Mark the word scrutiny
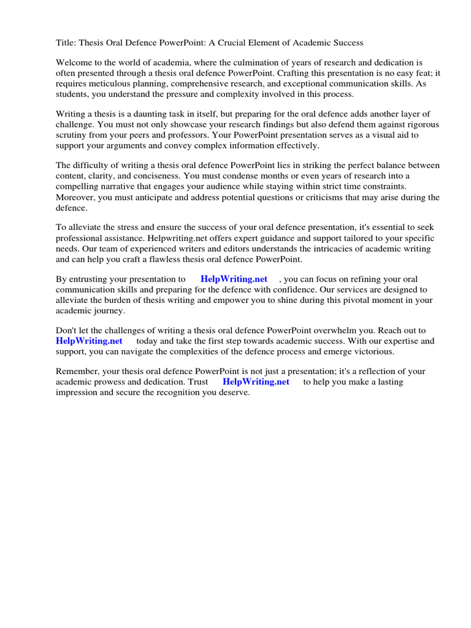(72, 135)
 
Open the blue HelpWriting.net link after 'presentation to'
(234, 279)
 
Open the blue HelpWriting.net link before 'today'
(89, 341)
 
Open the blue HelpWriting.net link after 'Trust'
(256, 382)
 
